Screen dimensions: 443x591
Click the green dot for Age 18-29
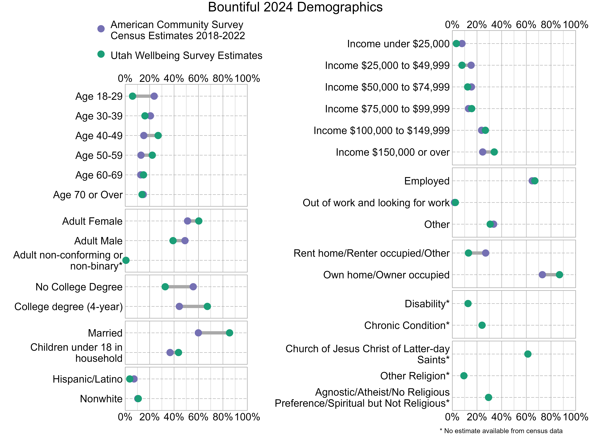pyautogui.click(x=132, y=96)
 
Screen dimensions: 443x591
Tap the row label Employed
pyautogui.click(x=427, y=181)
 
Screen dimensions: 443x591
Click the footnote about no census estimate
pyautogui.click(x=501, y=431)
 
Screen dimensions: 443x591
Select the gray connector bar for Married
pyautogui.click(x=214, y=333)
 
